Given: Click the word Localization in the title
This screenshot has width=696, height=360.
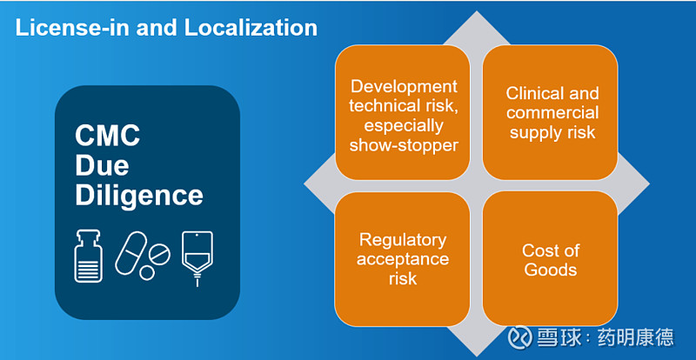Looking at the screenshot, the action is tap(251, 28).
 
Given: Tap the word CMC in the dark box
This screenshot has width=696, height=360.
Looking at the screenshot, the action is tap(107, 136).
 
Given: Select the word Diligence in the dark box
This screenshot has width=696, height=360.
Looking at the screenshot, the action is tap(139, 196).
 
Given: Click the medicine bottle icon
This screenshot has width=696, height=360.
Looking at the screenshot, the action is tap(89, 257).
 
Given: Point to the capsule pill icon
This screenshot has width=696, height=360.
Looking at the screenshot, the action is tap(131, 252).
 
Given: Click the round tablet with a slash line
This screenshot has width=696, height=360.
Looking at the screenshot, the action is tap(159, 255).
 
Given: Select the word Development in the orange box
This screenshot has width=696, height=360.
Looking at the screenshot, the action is tap(404, 87).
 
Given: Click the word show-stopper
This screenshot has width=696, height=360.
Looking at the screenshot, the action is tap(404, 145).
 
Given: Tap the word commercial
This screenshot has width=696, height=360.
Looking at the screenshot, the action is tap(552, 113).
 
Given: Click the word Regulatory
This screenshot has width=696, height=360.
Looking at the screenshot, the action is tap(403, 240).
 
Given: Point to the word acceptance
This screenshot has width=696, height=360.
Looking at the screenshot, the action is tap(403, 259).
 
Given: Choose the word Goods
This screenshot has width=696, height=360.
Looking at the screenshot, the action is tap(551, 270).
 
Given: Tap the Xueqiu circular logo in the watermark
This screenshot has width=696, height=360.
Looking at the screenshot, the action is tap(519, 337).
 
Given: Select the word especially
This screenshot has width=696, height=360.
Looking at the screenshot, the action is tap(404, 126).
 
